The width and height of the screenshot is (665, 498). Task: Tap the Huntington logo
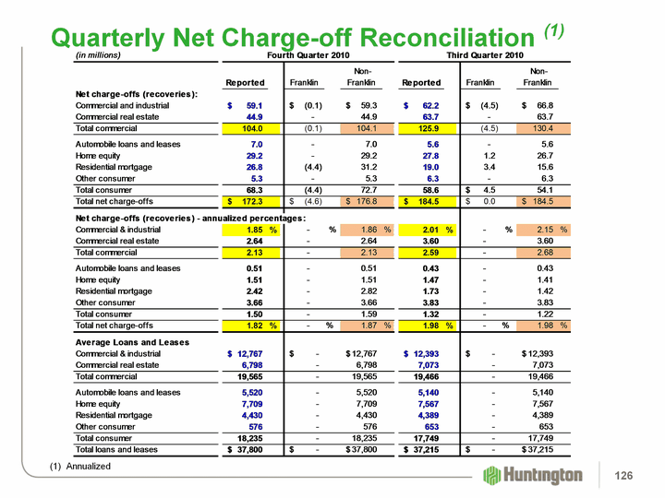tap(533, 474)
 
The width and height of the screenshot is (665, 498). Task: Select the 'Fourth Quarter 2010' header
tap(305, 55)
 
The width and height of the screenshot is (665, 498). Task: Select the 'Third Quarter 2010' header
tap(484, 55)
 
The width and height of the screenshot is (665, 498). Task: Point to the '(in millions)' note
tap(98, 55)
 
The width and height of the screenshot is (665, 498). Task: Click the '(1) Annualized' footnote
tap(79, 467)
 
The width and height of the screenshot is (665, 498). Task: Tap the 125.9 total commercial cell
tap(425, 128)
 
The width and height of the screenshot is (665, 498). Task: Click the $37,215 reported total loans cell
tap(424, 449)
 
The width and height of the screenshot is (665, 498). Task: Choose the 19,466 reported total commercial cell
tap(427, 376)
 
